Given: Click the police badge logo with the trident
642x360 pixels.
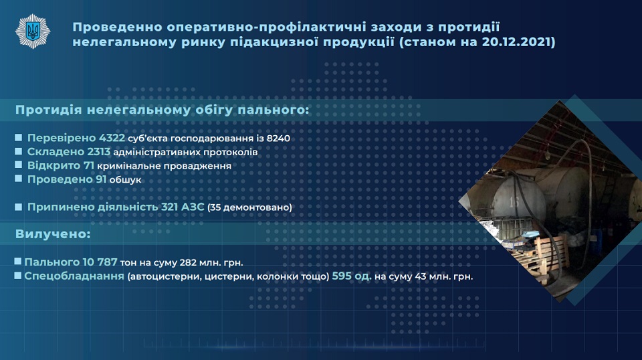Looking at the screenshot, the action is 33,31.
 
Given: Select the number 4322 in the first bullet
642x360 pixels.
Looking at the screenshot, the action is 112,138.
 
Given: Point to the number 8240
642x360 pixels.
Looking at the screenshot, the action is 278,139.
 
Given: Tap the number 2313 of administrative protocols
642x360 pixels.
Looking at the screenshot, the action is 99,152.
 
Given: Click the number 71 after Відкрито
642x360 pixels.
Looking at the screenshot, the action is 89,165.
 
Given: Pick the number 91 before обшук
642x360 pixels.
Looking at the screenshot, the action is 101,179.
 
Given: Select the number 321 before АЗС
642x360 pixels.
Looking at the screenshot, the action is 169,207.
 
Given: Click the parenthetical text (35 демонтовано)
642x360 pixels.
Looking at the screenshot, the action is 249,207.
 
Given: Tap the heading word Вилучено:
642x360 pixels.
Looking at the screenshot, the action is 53,234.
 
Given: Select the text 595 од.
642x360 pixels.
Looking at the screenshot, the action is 352,276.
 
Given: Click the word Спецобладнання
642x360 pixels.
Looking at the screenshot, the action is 74,276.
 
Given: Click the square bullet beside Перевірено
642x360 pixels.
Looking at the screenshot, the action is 19,138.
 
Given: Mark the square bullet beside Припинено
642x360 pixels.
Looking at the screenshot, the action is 19,206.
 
